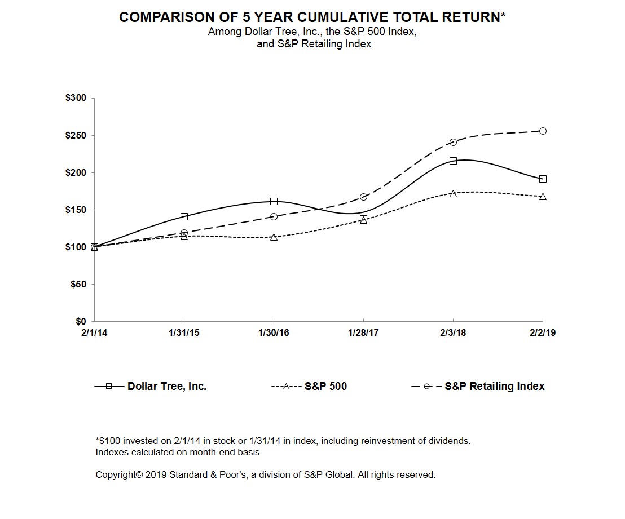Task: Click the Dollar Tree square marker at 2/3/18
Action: pos(453,161)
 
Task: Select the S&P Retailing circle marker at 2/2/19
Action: pos(543,131)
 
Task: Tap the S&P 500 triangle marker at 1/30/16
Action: pos(274,237)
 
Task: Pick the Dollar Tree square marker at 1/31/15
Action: pos(184,216)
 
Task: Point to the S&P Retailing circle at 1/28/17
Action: pos(363,197)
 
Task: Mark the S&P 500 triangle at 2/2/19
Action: pos(543,197)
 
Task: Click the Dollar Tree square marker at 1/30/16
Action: pos(274,201)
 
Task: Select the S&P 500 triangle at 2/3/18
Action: pos(453,193)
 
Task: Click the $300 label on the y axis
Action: pos(76,98)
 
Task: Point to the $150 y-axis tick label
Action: pos(76,210)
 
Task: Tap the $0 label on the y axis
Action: pos(80,321)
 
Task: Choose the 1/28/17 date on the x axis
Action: pos(363,333)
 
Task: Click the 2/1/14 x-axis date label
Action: pos(94,333)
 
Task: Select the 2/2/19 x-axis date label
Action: pos(543,333)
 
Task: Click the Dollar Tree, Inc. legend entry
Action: pos(166,387)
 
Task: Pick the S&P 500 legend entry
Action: pos(325,387)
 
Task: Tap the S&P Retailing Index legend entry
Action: pos(494,387)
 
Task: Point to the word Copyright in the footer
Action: pos(116,475)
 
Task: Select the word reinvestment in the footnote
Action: pos(373,441)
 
